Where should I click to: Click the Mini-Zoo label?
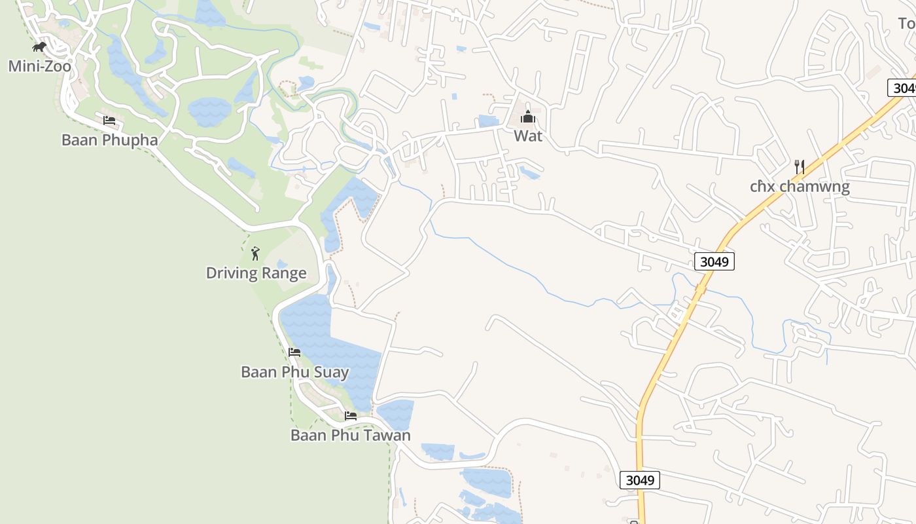point(39,66)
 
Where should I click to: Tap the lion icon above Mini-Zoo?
point(39,47)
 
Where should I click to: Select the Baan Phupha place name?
point(109,140)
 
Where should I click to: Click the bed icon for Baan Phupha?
point(109,121)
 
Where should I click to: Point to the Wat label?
point(528,136)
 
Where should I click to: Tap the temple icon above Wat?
point(528,117)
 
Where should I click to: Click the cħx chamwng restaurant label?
point(800,187)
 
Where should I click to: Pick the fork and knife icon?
point(799,166)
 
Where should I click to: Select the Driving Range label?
point(256,272)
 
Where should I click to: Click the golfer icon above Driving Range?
point(255,253)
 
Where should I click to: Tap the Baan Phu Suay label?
point(294,372)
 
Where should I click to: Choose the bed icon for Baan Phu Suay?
point(294,352)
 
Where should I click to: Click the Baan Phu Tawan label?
point(351,435)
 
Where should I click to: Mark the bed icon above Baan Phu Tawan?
point(351,416)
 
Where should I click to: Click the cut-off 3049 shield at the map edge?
point(903,88)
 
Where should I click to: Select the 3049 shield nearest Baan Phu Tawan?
point(639,480)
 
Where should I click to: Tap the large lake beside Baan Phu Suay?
point(327,341)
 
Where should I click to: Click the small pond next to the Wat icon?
point(488,121)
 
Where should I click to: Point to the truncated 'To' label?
point(906,24)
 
